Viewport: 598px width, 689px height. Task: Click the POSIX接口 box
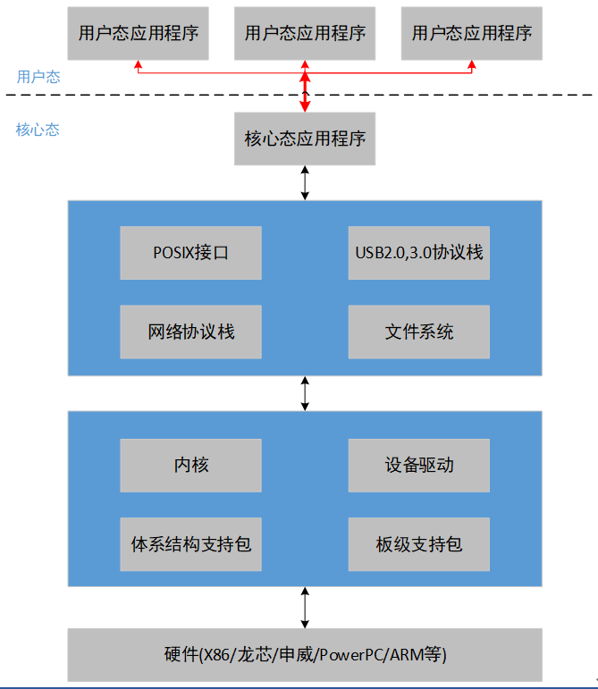pos(190,253)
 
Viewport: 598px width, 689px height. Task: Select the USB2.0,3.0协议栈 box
pos(418,253)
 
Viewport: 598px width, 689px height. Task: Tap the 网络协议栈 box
pos(190,332)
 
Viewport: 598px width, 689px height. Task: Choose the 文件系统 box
pos(418,332)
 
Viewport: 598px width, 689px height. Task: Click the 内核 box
pos(190,465)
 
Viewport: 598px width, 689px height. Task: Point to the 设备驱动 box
pos(418,465)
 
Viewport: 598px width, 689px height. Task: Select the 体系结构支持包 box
pos(190,543)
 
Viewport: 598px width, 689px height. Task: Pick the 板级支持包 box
pos(418,543)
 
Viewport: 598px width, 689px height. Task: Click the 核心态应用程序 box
pos(305,139)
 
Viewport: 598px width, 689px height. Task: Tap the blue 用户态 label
pos(38,77)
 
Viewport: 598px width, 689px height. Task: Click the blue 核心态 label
pos(38,130)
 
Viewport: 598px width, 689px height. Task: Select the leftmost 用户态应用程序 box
pos(138,34)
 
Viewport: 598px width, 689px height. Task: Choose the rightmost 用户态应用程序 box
pos(472,34)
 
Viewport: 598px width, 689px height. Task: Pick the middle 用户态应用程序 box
pos(305,34)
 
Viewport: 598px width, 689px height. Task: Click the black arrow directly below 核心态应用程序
pos(305,182)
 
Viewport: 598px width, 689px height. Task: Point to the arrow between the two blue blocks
pos(305,393)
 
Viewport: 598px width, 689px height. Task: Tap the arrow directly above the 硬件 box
pos(305,607)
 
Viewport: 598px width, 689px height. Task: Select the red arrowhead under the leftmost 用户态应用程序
pos(138,65)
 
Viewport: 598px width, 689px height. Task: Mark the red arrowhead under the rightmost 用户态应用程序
pos(472,65)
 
